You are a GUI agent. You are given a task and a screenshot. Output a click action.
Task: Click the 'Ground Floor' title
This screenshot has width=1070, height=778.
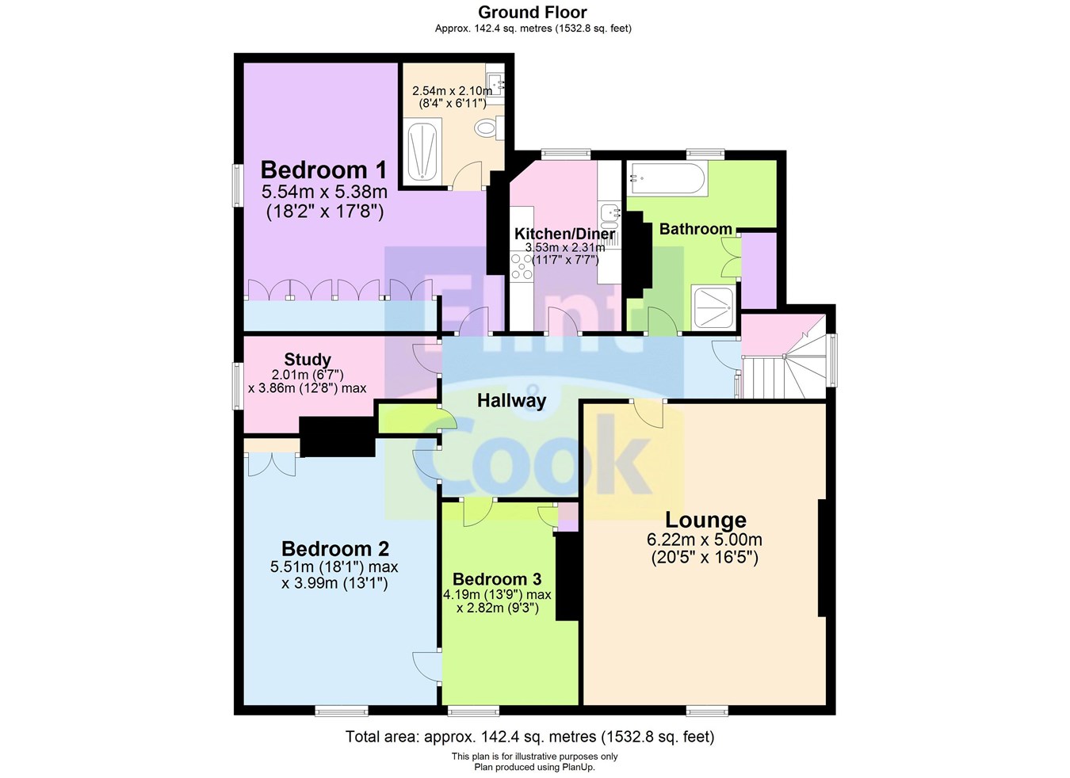point(533,12)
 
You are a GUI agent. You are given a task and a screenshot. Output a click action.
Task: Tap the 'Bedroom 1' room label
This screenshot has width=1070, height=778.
point(323,170)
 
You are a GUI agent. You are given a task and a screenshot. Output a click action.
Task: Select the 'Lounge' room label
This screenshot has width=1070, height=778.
point(705,520)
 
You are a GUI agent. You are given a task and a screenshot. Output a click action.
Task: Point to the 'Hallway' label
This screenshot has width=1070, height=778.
point(511,401)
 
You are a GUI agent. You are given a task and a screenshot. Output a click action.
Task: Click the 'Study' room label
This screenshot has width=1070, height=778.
point(308,360)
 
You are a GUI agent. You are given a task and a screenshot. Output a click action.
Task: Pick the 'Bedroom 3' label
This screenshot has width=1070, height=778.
point(497,579)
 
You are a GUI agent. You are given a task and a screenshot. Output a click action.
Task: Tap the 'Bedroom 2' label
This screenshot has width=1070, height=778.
point(335,548)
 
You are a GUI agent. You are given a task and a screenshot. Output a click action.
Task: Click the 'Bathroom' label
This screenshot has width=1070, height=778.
point(695,229)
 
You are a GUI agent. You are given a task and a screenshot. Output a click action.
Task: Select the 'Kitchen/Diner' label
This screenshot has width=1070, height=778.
point(564,234)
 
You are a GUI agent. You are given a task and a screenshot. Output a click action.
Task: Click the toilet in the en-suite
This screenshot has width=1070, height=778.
point(485,127)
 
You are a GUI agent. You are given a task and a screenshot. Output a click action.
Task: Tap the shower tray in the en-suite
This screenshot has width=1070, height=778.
point(423,151)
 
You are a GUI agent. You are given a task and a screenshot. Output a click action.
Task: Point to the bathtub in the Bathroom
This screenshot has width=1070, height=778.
point(666,178)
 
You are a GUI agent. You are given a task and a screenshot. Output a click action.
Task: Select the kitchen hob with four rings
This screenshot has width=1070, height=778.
point(522,267)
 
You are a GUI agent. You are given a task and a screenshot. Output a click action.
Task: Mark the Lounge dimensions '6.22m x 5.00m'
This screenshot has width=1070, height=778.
point(705,540)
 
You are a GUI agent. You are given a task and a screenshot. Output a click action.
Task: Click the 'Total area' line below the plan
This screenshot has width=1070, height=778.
point(529,737)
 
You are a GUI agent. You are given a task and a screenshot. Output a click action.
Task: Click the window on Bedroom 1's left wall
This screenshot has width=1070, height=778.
point(237,185)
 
